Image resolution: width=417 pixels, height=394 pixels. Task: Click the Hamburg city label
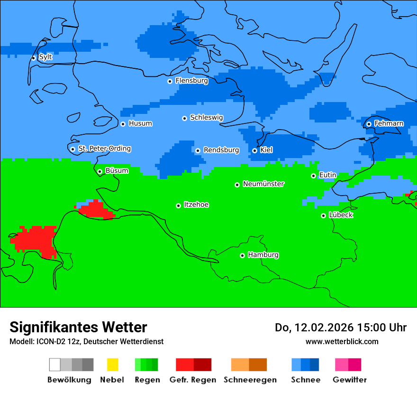pos(263,255)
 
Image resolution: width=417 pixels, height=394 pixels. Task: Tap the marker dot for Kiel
pos(254,150)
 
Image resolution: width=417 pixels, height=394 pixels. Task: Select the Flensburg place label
pos(191,81)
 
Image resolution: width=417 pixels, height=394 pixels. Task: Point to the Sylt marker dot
pos(33,58)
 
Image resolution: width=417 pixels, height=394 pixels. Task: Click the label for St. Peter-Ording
pos(104,149)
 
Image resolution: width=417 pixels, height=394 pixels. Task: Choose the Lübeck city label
pos(341,215)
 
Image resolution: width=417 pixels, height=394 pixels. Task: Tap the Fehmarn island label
pos(389,123)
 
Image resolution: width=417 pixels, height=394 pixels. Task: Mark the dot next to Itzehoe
pos(178,206)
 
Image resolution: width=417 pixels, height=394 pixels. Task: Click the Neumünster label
pos(263,184)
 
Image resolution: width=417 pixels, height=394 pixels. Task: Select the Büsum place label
pos(117,170)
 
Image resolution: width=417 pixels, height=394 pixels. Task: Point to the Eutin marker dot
pos(313,176)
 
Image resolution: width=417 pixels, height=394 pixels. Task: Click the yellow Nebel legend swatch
pos(112,365)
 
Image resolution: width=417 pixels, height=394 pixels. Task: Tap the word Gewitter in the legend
pos(349,380)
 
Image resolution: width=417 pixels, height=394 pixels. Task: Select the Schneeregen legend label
pos(250,380)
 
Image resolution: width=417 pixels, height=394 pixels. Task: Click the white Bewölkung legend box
pos(55,365)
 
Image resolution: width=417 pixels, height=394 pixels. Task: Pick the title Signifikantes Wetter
pos(78,327)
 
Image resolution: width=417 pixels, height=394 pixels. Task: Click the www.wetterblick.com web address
pos(342,341)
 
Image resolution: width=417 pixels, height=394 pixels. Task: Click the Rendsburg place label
pos(221,150)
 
